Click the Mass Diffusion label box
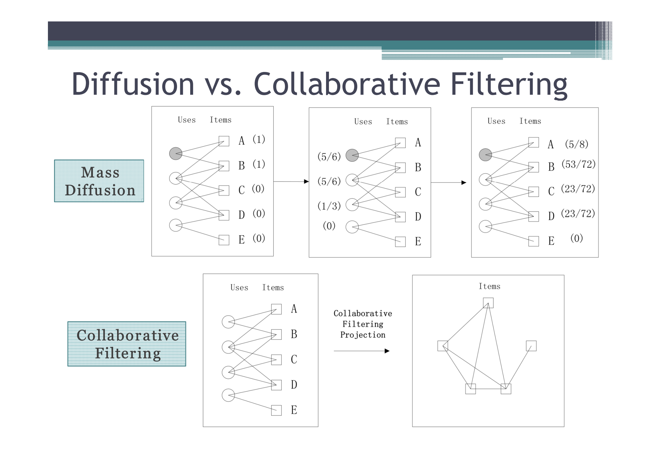pyautogui.click(x=99, y=181)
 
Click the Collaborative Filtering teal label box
pyautogui.click(x=127, y=344)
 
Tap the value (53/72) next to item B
pyautogui.click(x=578, y=164)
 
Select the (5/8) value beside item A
pyautogui.click(x=576, y=144)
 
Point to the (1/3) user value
pyautogui.click(x=329, y=206)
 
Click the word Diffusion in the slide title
pyautogui.click(x=133, y=84)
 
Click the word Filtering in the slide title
pyautogui.click(x=509, y=84)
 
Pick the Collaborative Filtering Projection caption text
pyautogui.click(x=362, y=324)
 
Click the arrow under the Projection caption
pyautogui.click(x=361, y=351)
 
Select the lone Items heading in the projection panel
pyautogui.click(x=489, y=286)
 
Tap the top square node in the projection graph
pyautogui.click(x=488, y=303)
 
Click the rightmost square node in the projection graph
pyautogui.click(x=531, y=346)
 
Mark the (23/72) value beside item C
pyautogui.click(x=578, y=189)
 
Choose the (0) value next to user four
pyautogui.click(x=329, y=226)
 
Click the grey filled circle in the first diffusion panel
pyautogui.click(x=176, y=154)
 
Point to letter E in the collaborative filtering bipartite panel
pyautogui.click(x=294, y=410)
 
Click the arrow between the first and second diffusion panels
pyautogui.click(x=291, y=181)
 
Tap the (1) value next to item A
pyautogui.click(x=259, y=139)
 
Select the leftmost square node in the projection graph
pyautogui.click(x=442, y=346)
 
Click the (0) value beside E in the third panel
pyautogui.click(x=576, y=238)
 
